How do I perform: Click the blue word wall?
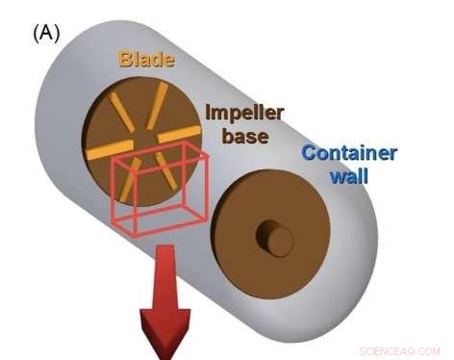pos(349,177)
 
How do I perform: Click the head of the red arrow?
pos(164,332)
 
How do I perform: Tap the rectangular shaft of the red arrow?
pos(164,279)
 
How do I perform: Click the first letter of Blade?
pos(125,60)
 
